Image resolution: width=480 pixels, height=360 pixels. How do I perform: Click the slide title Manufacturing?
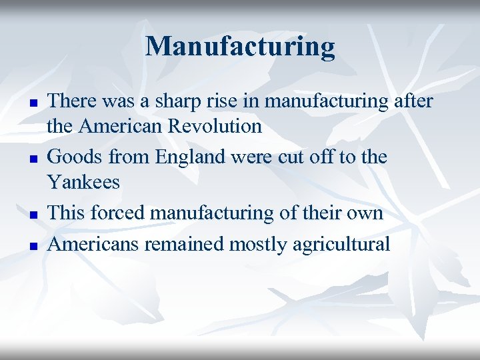tap(240, 47)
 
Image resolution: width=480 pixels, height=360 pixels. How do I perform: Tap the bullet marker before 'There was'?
tap(31, 104)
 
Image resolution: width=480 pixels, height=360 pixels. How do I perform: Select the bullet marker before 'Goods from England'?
tap(31, 160)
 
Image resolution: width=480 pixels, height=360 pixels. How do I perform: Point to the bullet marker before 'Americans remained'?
tap(31, 246)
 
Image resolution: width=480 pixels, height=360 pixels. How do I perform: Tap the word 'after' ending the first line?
tap(413, 101)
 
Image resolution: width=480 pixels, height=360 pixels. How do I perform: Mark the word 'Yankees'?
tap(84, 181)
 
